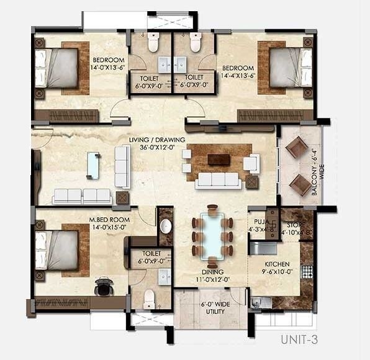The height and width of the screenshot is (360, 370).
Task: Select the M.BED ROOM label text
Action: point(109,220)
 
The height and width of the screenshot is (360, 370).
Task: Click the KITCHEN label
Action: point(276,264)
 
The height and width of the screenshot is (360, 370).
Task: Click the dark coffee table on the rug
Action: point(219,160)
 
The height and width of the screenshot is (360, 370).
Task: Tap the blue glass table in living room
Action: point(93,164)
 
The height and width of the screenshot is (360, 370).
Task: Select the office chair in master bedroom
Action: point(104,287)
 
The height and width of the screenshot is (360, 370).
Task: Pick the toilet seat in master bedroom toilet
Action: point(149,300)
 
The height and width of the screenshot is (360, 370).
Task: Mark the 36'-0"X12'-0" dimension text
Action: point(156,148)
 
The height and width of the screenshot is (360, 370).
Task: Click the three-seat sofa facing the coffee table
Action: point(217,180)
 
